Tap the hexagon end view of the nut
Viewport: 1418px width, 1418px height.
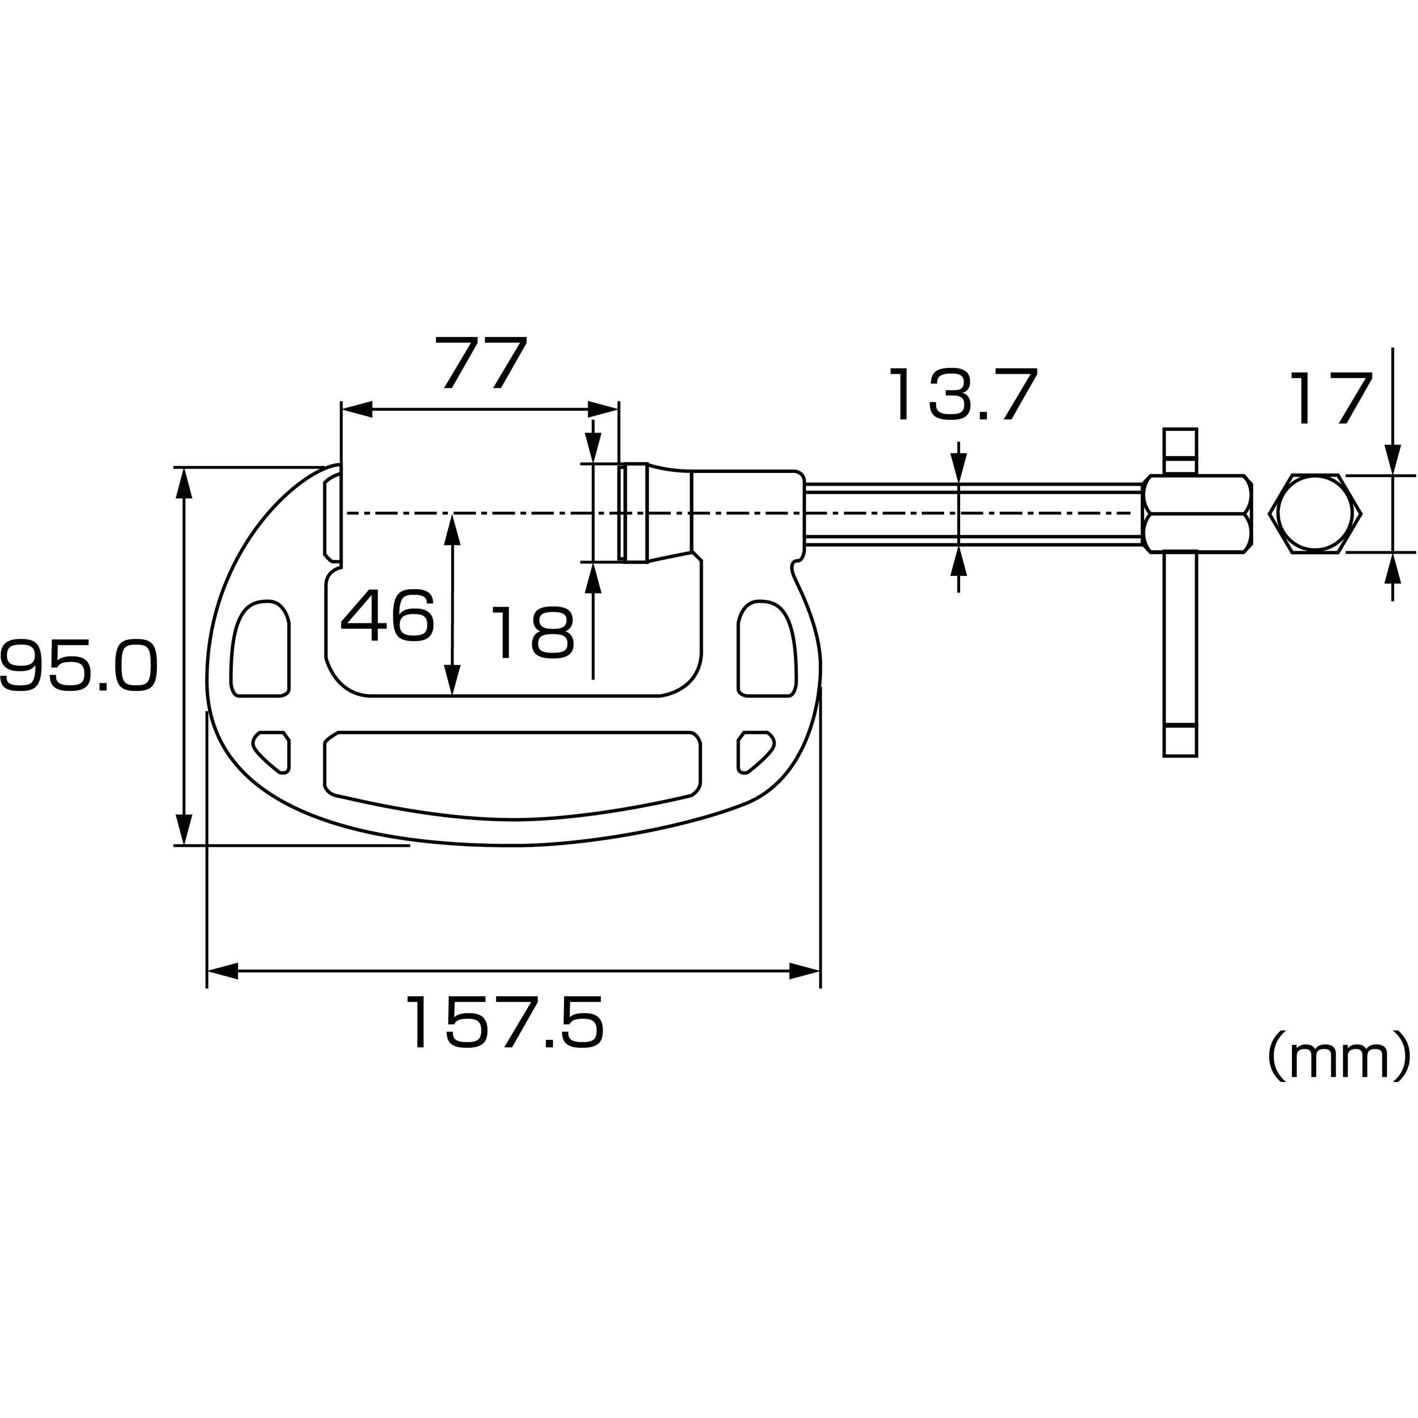[1319, 514]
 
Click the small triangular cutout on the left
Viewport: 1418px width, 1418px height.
[273, 751]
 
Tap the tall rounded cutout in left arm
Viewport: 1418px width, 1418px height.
[261, 649]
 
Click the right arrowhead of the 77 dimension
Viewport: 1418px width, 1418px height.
[602, 409]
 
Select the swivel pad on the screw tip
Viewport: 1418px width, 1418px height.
[633, 513]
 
